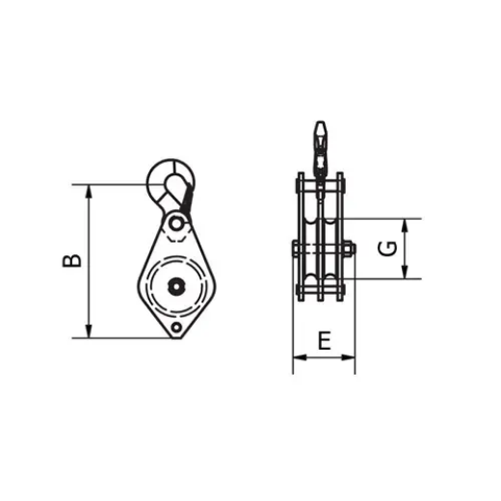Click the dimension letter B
point(71,260)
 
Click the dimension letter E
point(325,339)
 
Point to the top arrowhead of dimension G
point(406,224)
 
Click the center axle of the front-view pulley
point(177,285)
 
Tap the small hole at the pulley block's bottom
point(176,330)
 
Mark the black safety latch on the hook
point(188,197)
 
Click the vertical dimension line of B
point(89,260)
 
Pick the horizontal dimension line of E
point(324,358)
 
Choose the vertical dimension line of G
point(406,249)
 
